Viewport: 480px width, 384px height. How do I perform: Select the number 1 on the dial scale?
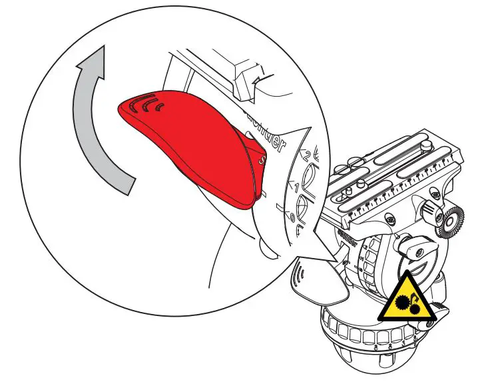[x=297, y=187]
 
